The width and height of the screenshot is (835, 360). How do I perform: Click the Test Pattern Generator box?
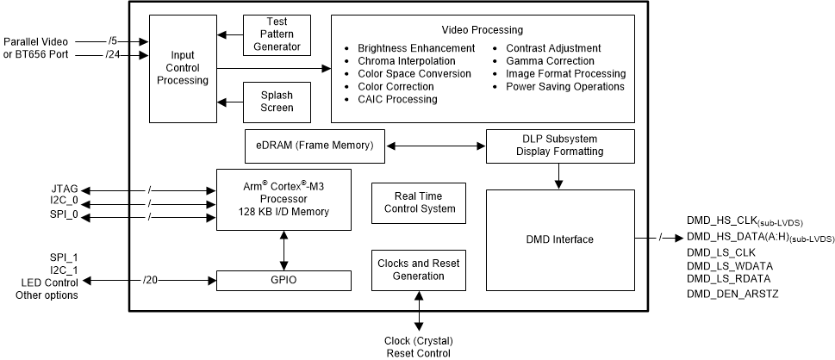276,34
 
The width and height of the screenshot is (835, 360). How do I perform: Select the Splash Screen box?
276,101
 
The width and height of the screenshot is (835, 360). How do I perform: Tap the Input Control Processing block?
183,68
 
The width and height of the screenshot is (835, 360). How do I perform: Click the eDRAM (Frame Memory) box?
315,146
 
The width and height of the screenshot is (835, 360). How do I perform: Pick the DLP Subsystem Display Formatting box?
559,146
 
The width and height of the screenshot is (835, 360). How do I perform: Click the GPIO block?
284,281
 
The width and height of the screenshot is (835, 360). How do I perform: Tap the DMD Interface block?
559,239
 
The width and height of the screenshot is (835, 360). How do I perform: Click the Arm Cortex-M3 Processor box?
284,200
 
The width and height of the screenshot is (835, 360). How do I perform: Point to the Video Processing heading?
483,30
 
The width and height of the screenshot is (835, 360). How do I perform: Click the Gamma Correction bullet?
550,61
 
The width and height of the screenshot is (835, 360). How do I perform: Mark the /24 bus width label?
113,55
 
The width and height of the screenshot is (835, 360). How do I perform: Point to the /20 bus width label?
151,281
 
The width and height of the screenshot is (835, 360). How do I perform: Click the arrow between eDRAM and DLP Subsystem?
434,146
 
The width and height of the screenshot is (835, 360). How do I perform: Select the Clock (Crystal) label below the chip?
419,339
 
